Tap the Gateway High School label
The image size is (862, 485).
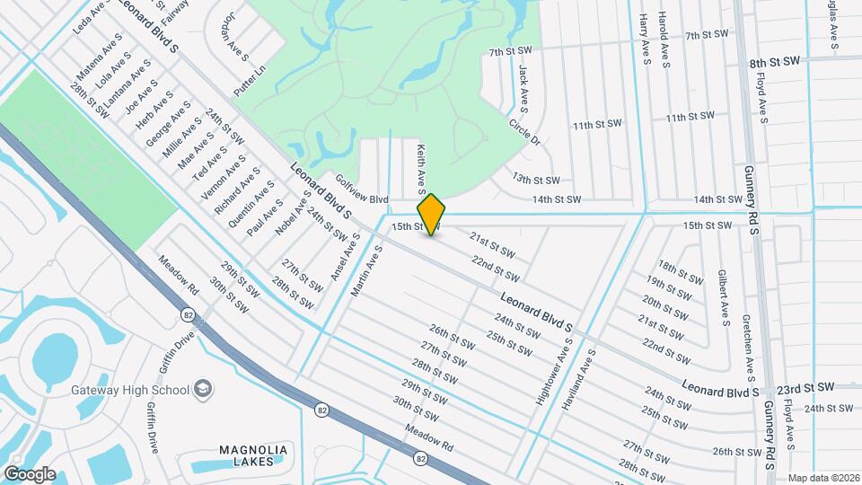coord(130,389)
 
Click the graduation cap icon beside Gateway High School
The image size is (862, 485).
coord(205,388)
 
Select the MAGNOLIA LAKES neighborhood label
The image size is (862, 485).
coord(253,456)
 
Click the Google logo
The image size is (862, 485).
coord(29,474)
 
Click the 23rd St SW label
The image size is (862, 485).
coord(805,387)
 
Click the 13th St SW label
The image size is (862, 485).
coord(536,181)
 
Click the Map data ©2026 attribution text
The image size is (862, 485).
coord(822,477)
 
